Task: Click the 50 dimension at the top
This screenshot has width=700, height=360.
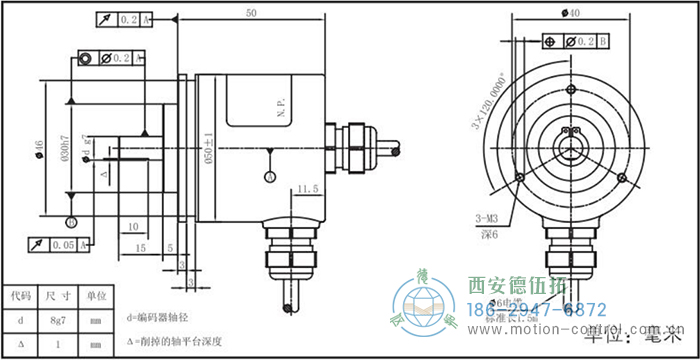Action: tap(250, 12)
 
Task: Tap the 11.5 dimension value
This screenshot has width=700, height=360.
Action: tap(307, 187)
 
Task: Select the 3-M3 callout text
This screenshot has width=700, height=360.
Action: tap(489, 216)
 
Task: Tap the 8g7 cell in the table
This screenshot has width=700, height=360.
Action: tap(57, 321)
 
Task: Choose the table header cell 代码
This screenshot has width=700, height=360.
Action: tap(20, 296)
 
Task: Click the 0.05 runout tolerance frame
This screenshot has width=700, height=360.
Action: tap(59, 244)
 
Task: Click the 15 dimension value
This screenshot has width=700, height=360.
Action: tap(141, 246)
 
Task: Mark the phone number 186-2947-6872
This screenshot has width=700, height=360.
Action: tap(537, 309)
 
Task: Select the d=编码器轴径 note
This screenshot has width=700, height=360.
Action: tap(165, 318)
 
